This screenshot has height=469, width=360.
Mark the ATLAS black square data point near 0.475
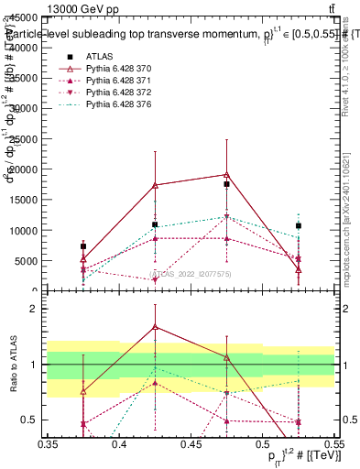pyautogui.click(x=226, y=184)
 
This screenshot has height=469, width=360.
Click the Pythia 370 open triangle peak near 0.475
pyautogui.click(x=226, y=174)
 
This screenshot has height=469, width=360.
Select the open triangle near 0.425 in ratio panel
pyautogui.click(x=155, y=326)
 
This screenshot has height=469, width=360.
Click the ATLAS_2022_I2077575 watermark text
pyautogui.click(x=191, y=273)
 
